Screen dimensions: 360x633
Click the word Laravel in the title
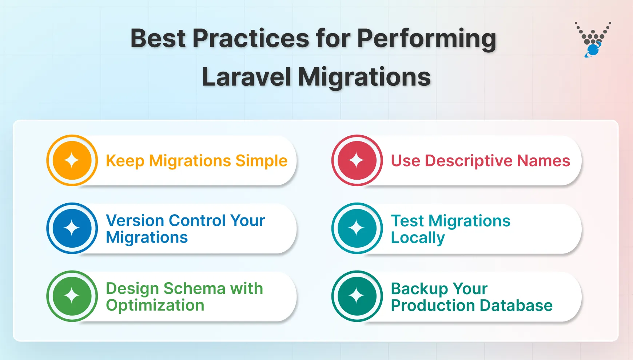click(x=246, y=77)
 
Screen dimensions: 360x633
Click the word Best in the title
click(x=158, y=38)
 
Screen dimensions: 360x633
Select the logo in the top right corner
click(x=593, y=40)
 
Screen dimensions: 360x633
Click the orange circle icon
click(x=72, y=160)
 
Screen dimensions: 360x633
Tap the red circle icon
click(x=357, y=160)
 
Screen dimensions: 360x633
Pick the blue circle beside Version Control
click(x=72, y=228)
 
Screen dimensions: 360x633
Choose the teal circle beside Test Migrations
click(x=357, y=228)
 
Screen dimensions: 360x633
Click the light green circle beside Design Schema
click(x=72, y=296)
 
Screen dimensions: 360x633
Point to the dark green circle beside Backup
click(x=357, y=296)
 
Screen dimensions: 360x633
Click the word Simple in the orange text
click(x=261, y=161)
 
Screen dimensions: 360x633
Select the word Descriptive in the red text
click(x=469, y=161)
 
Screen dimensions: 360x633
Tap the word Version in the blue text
click(x=135, y=220)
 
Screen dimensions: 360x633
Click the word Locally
click(x=418, y=238)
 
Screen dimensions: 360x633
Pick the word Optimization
click(x=155, y=305)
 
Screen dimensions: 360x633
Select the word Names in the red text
click(x=544, y=161)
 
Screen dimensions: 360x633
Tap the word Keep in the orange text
click(x=125, y=161)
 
